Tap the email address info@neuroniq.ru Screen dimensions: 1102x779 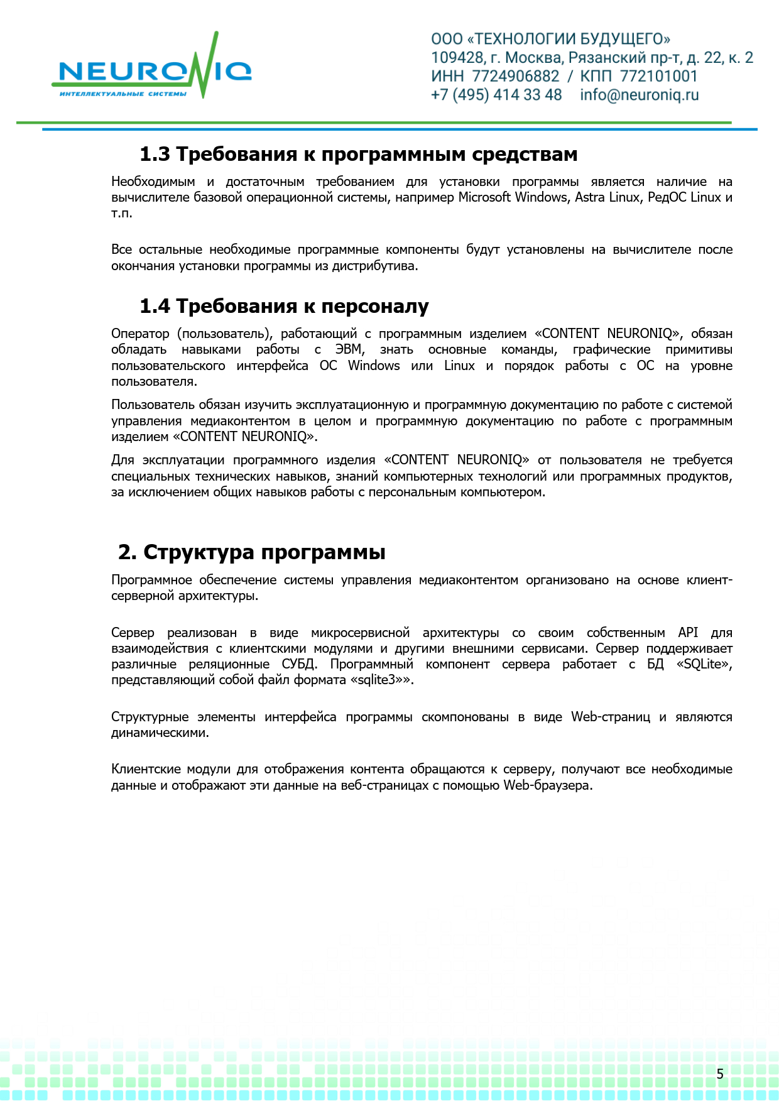639,95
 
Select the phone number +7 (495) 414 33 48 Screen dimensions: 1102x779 496,95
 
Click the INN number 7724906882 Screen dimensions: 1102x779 515,77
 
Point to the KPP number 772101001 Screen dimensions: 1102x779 658,77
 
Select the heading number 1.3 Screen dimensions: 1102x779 155,154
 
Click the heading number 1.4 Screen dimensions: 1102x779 155,306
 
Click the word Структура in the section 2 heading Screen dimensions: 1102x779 199,552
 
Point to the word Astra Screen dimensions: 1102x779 589,197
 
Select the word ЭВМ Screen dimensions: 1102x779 349,349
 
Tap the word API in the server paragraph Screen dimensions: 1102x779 688,633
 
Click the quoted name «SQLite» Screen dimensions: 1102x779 704,664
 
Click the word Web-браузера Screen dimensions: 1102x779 547,785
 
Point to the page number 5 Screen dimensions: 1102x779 720,1074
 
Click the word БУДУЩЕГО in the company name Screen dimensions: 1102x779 624,39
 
